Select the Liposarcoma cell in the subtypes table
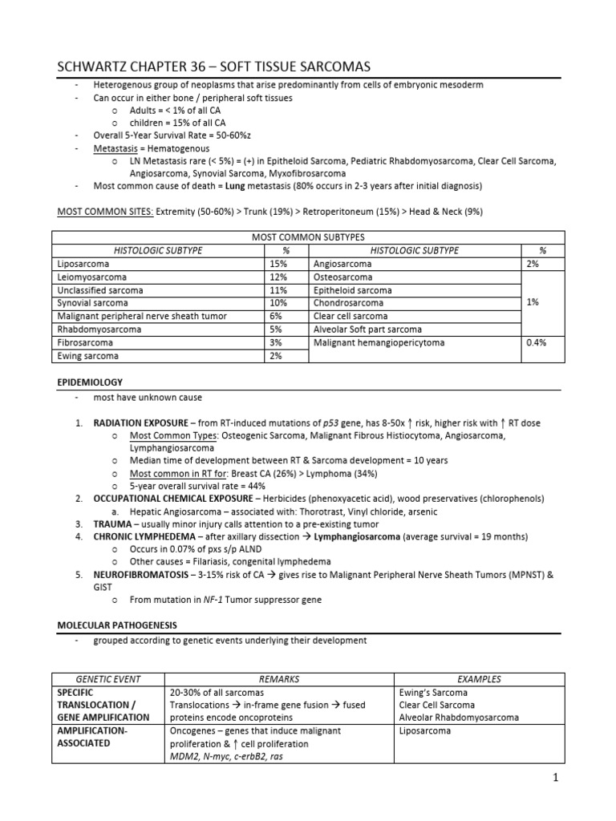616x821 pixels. click(x=83, y=263)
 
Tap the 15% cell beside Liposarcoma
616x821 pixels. click(x=277, y=263)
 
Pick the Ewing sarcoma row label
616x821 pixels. click(x=88, y=356)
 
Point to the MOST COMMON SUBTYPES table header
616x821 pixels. click(x=308, y=237)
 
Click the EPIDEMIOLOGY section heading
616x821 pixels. click(x=89, y=382)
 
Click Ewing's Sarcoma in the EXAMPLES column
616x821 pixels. click(x=433, y=692)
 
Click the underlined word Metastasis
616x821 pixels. click(x=118, y=148)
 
